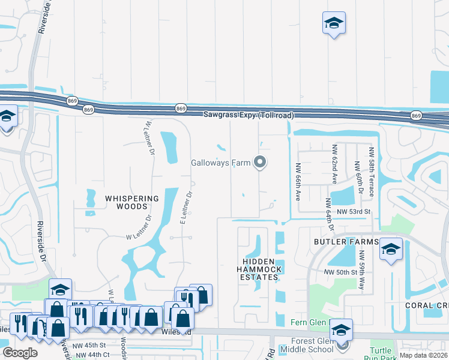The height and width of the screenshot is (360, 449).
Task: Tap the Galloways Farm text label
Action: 220,163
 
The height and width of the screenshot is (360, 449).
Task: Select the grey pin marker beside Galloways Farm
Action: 260,163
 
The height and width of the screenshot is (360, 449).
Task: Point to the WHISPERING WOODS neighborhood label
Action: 132,202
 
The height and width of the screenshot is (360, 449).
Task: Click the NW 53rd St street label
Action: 354,211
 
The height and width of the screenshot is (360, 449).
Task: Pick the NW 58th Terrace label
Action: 372,172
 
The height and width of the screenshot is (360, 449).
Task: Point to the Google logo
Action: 20,353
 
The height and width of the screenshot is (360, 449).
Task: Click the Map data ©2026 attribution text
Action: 423,355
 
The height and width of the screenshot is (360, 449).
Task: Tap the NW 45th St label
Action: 89,346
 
